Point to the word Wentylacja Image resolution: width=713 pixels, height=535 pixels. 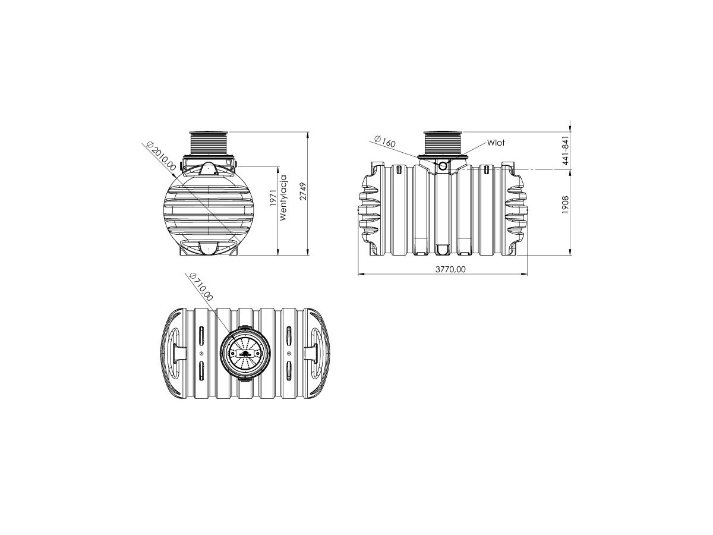pyautogui.click(x=284, y=198)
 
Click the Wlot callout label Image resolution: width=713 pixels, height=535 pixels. pyautogui.click(x=496, y=143)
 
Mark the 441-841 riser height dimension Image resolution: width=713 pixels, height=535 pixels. pyautogui.click(x=566, y=151)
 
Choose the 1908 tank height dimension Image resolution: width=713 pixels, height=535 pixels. pyautogui.click(x=566, y=204)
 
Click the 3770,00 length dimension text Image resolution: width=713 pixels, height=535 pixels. pyautogui.click(x=450, y=269)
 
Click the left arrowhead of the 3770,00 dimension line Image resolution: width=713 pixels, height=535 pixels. pyautogui.click(x=361, y=275)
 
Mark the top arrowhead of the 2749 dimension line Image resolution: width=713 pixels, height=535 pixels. pyautogui.click(x=308, y=134)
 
